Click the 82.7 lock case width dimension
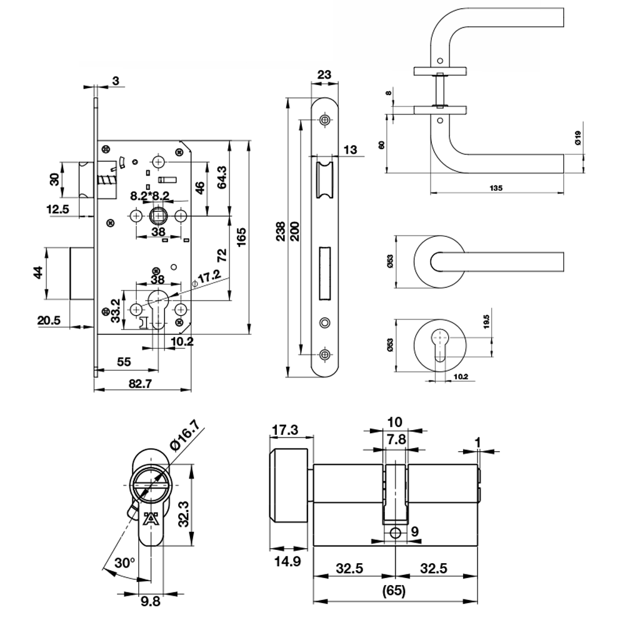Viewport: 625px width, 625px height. tap(140, 384)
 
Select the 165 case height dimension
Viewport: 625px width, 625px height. tap(241, 237)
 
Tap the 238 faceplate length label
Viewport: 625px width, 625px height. tap(280, 231)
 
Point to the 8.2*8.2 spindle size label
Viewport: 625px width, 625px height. tap(150, 196)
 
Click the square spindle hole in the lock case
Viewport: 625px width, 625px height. tap(159, 216)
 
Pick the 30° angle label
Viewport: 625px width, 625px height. tap(124, 563)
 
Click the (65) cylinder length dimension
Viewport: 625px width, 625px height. tap(394, 591)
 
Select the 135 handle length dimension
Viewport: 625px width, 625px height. tap(496, 188)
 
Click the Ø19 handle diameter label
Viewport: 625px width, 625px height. tap(578, 137)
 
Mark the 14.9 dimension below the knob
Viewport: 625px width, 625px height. tap(287, 561)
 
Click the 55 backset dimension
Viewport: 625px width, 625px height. tap(124, 361)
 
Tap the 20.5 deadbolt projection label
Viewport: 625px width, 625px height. tap(49, 320)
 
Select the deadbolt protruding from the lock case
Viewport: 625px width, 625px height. tap(82, 273)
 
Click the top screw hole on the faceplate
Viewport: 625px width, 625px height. tap(325, 119)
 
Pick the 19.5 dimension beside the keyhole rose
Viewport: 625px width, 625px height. tap(486, 322)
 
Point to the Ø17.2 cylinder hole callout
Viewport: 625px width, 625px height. tap(206, 277)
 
